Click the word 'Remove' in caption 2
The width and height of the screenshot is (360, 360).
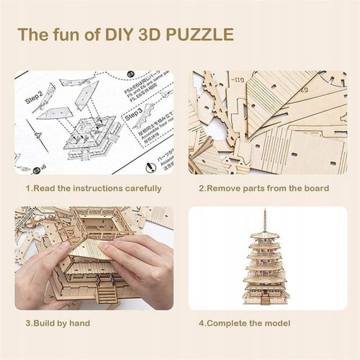tap(224, 189)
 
